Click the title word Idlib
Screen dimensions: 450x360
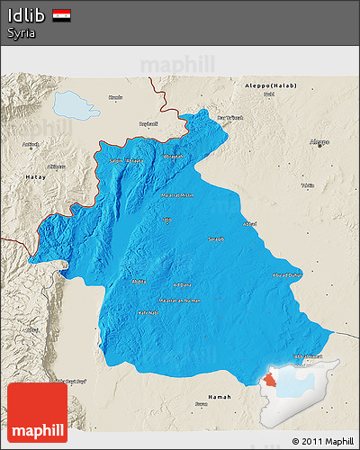tap(25, 15)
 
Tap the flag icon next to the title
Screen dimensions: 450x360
tap(62, 15)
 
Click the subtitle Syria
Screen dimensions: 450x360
tap(22, 32)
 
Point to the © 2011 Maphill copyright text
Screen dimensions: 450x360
tap(322, 441)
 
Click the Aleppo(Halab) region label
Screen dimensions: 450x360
tap(270, 85)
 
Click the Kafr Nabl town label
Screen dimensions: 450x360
tap(147, 312)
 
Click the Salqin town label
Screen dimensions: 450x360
tap(115, 160)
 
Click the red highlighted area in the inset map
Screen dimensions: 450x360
tap(272, 382)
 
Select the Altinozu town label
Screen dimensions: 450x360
tap(56, 166)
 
